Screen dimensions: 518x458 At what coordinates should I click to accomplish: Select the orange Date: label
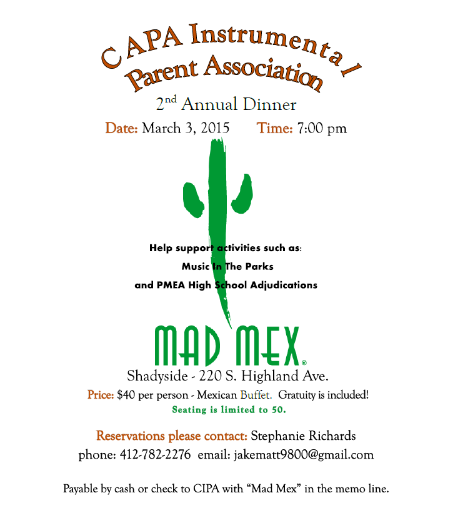point(121,129)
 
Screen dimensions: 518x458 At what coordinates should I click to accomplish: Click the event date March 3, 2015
point(186,129)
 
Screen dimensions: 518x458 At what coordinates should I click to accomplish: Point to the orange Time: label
point(275,129)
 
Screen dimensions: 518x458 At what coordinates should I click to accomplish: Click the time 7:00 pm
point(322,129)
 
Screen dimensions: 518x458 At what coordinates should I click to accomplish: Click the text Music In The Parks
point(227,266)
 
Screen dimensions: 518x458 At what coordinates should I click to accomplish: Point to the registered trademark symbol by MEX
point(304,362)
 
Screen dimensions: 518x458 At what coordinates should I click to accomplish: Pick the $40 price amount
point(124,396)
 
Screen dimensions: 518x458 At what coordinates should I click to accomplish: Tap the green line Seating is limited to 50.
point(229,410)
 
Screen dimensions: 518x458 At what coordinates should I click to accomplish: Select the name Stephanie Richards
point(303,436)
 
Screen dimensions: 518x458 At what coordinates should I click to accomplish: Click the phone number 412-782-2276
point(155,455)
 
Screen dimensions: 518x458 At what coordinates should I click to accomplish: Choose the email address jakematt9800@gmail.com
point(304,455)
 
